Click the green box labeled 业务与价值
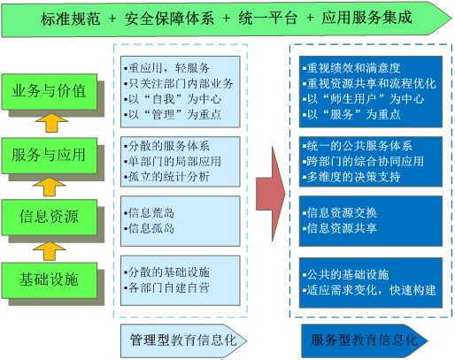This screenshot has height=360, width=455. [x=49, y=91]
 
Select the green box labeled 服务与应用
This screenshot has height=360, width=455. [x=49, y=155]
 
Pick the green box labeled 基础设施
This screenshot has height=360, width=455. [x=49, y=280]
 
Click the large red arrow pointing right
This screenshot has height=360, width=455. [x=271, y=188]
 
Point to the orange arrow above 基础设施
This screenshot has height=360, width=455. [x=50, y=249]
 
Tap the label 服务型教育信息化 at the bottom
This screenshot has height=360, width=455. [x=362, y=340]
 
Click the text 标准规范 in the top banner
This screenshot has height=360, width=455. [x=71, y=19]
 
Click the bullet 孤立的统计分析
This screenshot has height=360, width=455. [x=168, y=177]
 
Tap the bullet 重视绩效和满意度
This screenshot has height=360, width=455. [x=351, y=68]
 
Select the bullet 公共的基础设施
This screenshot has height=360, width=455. [x=347, y=273]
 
